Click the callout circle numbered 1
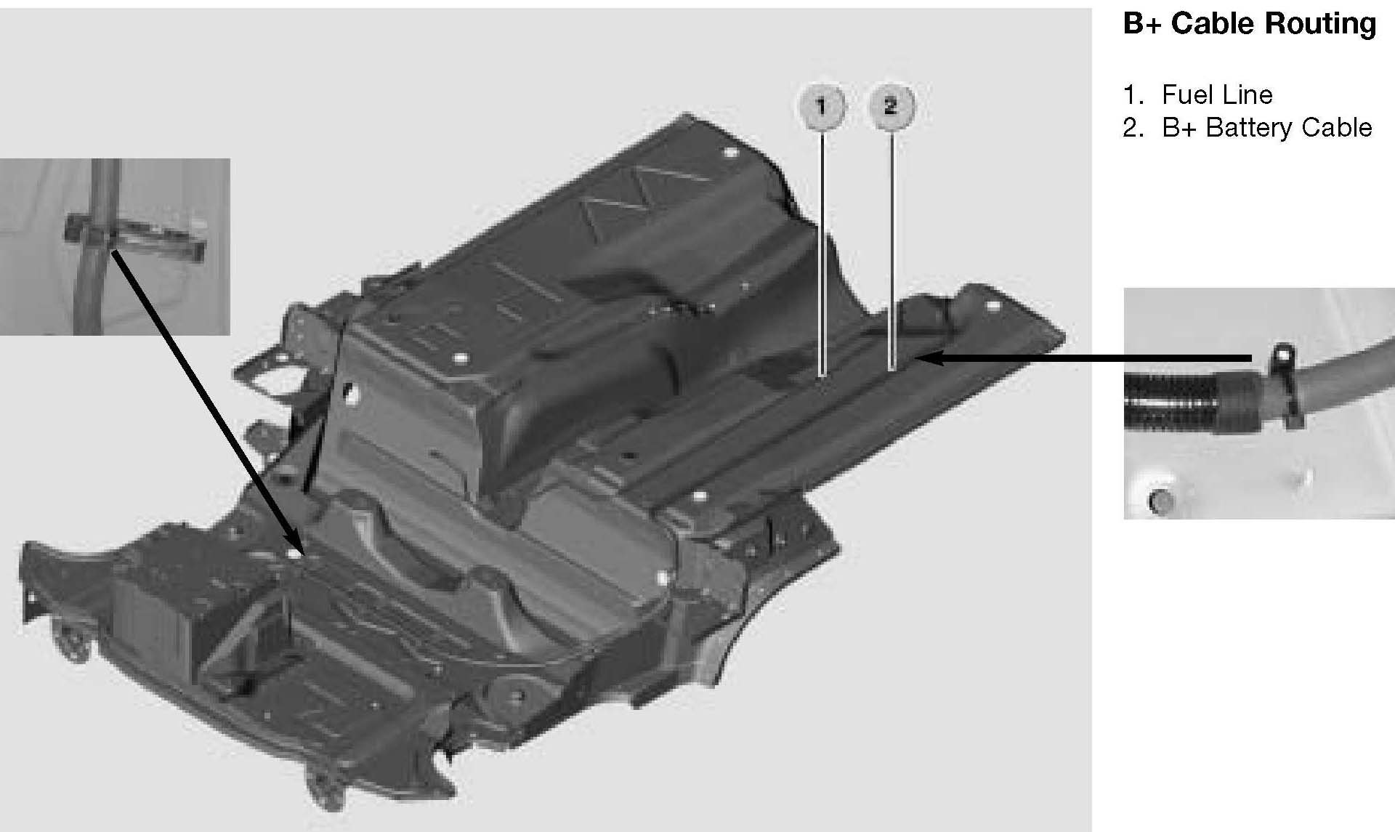click(x=822, y=108)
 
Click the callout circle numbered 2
click(x=892, y=106)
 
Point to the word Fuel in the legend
click(x=1186, y=94)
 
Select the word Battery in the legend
click(x=1250, y=128)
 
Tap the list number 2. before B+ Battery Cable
click(x=1133, y=128)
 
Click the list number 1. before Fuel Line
click(x=1133, y=94)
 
